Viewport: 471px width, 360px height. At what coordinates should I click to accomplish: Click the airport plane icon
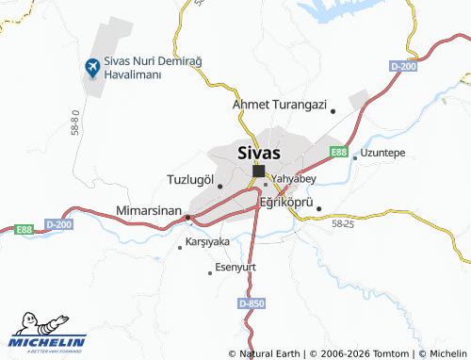coord(92,67)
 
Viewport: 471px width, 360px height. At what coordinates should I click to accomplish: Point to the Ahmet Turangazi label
coord(279,105)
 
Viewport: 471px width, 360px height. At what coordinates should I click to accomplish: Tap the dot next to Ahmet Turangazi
coord(333,110)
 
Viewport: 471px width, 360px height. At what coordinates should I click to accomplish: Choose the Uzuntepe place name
coord(382,152)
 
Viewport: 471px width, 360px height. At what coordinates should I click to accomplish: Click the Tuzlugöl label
coord(190,179)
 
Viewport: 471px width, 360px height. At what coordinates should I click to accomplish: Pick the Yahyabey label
coord(293,177)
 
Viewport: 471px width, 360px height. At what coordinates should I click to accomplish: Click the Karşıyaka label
coord(208,241)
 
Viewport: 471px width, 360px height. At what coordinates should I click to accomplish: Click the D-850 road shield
coord(252,303)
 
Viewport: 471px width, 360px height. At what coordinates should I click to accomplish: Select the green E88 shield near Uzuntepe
coord(338,151)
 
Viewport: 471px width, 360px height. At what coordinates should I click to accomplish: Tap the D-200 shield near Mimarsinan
coord(58,225)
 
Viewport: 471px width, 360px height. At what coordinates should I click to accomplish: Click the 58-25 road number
coord(343,224)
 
